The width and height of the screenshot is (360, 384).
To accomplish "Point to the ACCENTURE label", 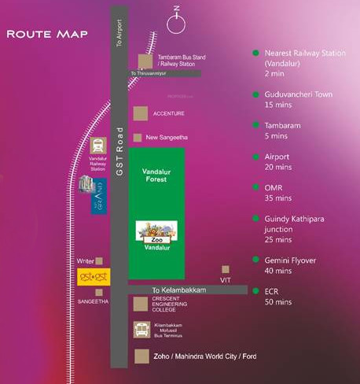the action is (169, 113).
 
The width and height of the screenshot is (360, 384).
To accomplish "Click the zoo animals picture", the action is (156, 231).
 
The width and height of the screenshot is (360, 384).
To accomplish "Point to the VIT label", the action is (226, 280).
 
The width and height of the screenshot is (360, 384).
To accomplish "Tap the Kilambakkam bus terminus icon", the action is (142, 330).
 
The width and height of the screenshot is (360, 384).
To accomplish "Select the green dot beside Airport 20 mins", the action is (255, 156).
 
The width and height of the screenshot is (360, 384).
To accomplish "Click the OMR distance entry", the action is (277, 193).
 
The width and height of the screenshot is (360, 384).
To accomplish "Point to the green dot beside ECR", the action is (255, 290).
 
